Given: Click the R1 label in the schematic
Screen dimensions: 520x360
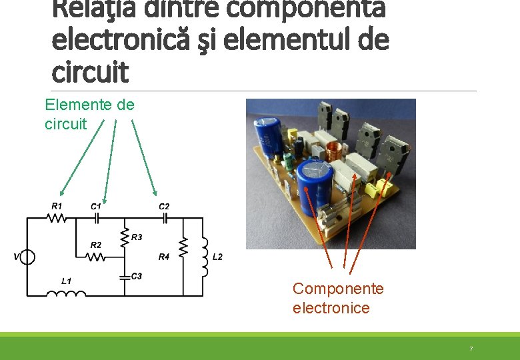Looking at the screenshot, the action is point(57,205).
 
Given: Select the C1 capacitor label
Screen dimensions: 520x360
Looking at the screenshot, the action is point(96,206).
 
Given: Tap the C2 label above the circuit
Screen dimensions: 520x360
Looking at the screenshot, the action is point(164,207).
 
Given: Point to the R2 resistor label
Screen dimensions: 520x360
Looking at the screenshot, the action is point(96,245).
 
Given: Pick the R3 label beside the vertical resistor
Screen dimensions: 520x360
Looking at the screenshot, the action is point(137,237).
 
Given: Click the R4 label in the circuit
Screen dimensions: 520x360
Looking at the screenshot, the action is point(164,257).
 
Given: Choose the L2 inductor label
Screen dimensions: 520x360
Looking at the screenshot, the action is point(217,257).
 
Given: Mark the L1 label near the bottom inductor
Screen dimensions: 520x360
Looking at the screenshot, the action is point(67,281).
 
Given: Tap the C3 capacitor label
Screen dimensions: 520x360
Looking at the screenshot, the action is point(137,276).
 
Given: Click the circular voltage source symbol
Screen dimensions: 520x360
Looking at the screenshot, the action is point(27,257).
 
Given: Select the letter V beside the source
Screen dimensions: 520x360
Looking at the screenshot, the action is point(16,257).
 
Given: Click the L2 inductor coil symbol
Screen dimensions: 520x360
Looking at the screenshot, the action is point(204,257).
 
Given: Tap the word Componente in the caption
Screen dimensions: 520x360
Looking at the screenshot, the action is point(338,289).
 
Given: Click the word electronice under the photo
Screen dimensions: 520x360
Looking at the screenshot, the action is point(331,308).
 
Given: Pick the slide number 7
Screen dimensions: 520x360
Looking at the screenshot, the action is point(471,349).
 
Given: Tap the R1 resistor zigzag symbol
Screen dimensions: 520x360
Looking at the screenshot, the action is point(58,218).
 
